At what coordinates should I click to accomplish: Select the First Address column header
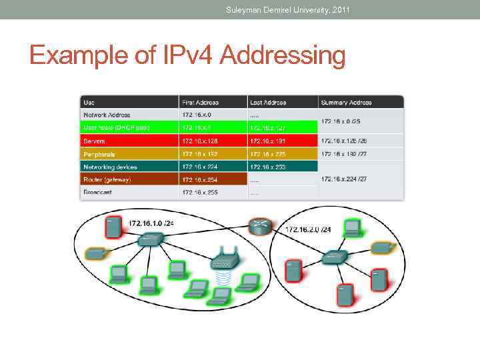200,102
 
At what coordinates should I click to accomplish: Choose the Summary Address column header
346,102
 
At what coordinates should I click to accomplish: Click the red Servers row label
94,141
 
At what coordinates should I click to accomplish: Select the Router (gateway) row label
107,179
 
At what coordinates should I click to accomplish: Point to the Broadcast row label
97,192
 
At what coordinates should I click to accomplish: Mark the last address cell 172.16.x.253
267,167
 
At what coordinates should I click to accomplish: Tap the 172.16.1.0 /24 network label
151,223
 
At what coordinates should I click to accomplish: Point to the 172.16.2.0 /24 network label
308,229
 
